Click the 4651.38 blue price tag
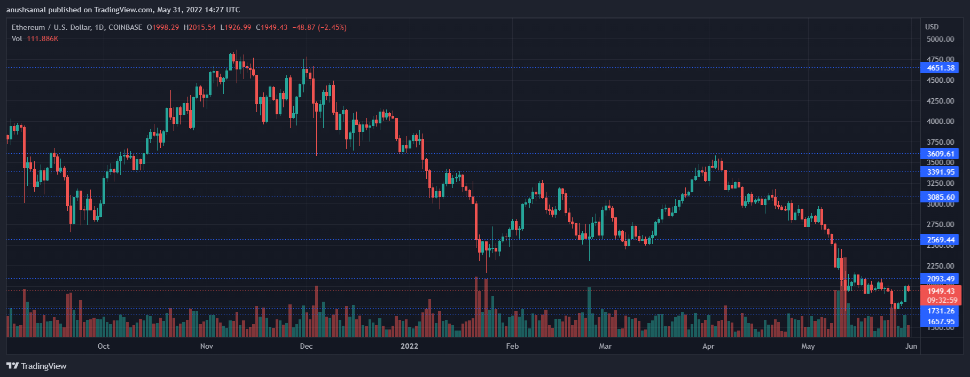(940, 68)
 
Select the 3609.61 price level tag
(940, 154)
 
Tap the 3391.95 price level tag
(940, 172)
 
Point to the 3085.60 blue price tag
(940, 197)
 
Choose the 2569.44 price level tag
(940, 240)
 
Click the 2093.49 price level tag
(940, 279)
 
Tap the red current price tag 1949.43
(941, 291)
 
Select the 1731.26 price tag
(940, 311)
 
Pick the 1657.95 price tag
(940, 321)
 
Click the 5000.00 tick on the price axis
(940, 39)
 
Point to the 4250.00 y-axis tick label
(940, 101)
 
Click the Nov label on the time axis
(207, 346)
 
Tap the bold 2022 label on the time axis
(410, 346)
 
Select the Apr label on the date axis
(708, 346)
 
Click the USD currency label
(932, 27)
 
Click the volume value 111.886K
(42, 38)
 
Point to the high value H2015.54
(200, 27)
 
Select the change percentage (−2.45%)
(332, 27)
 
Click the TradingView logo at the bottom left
(36, 366)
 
